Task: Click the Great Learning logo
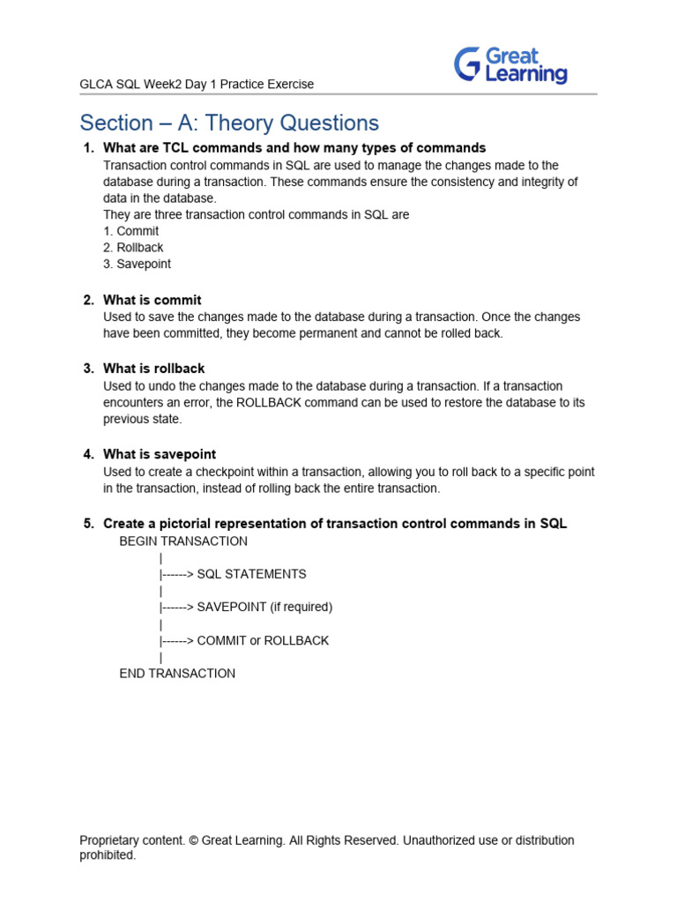(510, 65)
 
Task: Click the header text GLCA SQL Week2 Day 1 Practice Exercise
(197, 85)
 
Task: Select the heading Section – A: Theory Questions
(229, 123)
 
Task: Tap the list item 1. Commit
(131, 231)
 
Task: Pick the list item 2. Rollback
(133, 248)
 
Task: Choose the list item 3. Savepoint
(137, 264)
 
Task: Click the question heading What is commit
(153, 300)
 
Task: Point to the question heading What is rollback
(154, 369)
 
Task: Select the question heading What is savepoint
(160, 454)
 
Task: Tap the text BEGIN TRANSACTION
(183, 541)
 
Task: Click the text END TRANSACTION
(177, 674)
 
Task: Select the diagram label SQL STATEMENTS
(252, 574)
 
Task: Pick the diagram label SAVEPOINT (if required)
(264, 608)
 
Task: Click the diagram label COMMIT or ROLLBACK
(263, 641)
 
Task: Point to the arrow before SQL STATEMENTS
(176, 574)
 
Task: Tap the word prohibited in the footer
(108, 855)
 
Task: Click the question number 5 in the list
(88, 524)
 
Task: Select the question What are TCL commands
(294, 148)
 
